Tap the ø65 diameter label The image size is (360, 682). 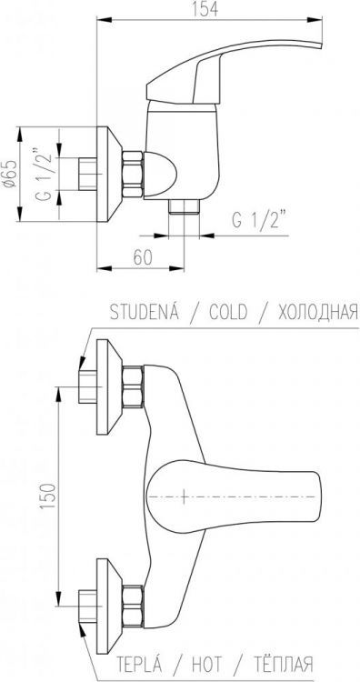pos(10,174)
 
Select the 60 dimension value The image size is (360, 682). pos(143,258)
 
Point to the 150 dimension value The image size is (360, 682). pos(49,496)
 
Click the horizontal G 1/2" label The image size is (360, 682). pos(260,221)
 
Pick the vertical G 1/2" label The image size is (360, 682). pos(44,174)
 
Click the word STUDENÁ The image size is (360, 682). pos(144,312)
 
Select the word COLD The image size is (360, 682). pos(228,312)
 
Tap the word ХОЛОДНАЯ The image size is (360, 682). pos(318,312)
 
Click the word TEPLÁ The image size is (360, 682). pos(139,664)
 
